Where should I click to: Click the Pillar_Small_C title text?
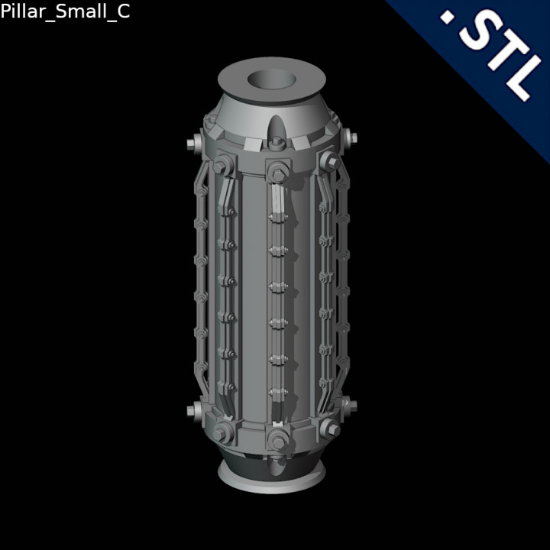tap(65, 13)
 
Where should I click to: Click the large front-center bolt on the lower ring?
tap(276, 439)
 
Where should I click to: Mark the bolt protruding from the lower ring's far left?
tap(192, 411)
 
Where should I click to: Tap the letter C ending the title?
tap(122, 13)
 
